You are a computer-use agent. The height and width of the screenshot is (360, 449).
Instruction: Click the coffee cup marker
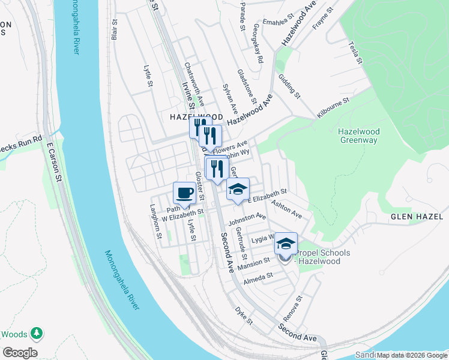click(x=184, y=193)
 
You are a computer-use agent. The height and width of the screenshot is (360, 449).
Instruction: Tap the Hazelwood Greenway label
click(x=358, y=136)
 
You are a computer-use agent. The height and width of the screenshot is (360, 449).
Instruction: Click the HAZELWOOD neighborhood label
click(x=187, y=117)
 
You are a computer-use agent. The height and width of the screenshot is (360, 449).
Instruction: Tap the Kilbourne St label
click(x=333, y=108)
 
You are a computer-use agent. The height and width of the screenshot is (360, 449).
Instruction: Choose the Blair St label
click(x=113, y=29)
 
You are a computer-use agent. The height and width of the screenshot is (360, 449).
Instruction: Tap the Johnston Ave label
click(x=247, y=219)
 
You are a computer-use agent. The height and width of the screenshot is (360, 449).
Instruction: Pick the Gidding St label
click(x=289, y=86)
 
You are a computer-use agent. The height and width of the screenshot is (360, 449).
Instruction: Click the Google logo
click(x=20, y=353)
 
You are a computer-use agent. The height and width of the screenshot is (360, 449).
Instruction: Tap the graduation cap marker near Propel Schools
click(x=286, y=244)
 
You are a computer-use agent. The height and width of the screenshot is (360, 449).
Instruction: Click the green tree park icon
click(x=37, y=332)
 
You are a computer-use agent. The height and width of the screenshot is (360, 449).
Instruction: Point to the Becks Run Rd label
click(x=21, y=143)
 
